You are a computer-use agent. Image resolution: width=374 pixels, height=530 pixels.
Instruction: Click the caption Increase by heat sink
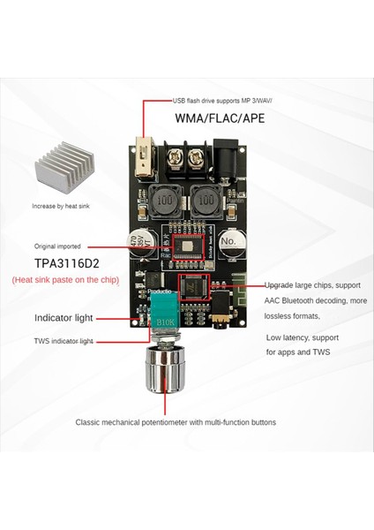click(67, 206)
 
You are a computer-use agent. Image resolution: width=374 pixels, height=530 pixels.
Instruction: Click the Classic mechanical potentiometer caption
click(176, 422)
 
